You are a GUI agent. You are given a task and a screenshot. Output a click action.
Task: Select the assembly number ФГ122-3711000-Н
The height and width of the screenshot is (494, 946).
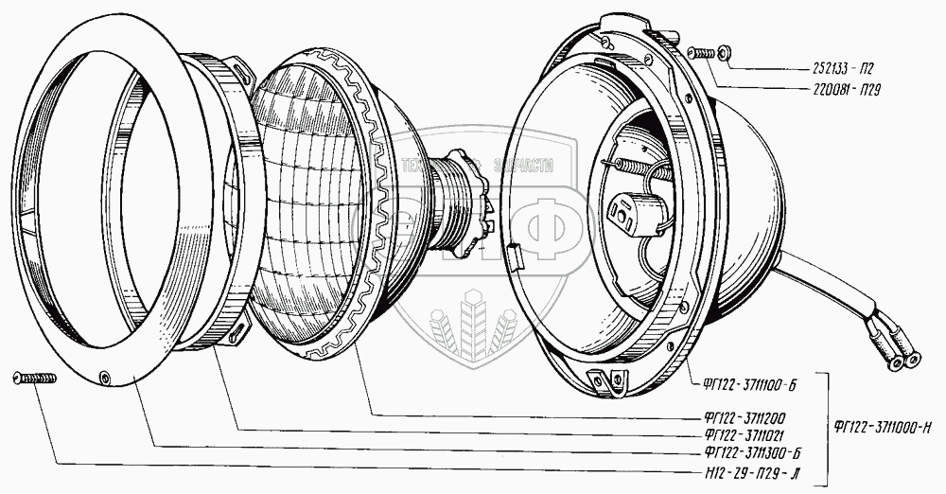pos(885,425)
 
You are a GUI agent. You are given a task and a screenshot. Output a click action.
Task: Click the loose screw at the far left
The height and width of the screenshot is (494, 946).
pos(35,379)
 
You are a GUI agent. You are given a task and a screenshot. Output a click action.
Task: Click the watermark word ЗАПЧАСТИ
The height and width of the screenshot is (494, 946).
pos(518,165)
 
